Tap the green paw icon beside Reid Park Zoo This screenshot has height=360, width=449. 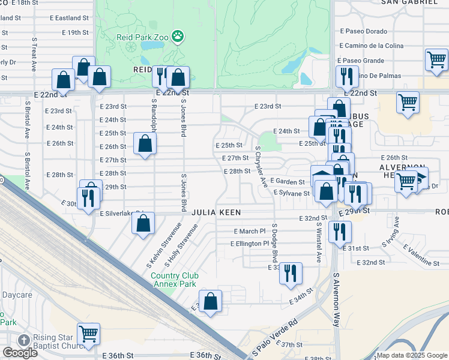[x=178, y=37]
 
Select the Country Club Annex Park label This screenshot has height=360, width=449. [x=173, y=280]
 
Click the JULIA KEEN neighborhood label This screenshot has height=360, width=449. [x=216, y=212]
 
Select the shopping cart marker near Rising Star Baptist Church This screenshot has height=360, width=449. [x=89, y=333]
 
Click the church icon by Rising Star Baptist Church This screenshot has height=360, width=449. [x=23, y=340]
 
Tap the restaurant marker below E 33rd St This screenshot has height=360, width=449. [x=291, y=272]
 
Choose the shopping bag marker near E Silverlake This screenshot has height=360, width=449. [x=143, y=223]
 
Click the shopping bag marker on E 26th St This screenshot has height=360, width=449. [x=145, y=143]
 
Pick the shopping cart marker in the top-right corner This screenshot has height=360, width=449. [x=436, y=59]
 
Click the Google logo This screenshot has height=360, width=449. [x=20, y=353]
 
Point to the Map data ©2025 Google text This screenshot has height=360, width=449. [x=411, y=355]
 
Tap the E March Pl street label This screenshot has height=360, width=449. [x=249, y=231]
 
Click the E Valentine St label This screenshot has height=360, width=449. [x=421, y=256]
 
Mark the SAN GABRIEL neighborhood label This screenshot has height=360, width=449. [x=414, y=2]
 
